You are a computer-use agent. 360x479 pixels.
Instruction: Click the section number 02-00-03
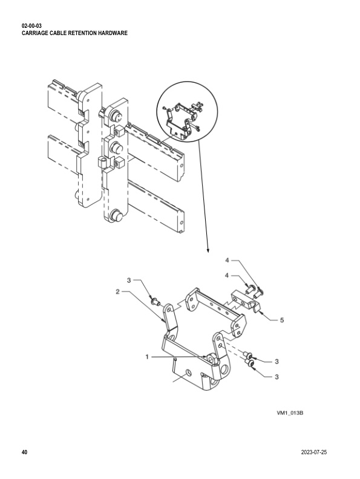(x=31, y=26)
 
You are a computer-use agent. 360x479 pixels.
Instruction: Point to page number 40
(x=24, y=452)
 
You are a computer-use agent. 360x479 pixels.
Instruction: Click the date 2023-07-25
(x=313, y=452)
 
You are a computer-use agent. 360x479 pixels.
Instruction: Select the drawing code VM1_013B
(x=290, y=413)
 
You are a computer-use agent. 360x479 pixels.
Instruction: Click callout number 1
(x=147, y=356)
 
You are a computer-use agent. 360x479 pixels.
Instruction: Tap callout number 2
(x=117, y=292)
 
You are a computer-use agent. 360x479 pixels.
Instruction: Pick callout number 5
(x=282, y=320)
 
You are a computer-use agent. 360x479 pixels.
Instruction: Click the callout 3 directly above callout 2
(x=129, y=280)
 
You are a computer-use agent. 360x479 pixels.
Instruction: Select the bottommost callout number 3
(x=277, y=377)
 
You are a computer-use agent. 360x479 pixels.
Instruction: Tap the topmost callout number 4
(x=227, y=260)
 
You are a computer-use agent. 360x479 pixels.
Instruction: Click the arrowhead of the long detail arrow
(x=208, y=250)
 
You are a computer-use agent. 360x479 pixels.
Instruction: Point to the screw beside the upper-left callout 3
(x=156, y=302)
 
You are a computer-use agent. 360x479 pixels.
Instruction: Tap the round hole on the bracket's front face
(x=189, y=373)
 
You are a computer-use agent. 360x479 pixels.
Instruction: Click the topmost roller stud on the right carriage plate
(x=116, y=116)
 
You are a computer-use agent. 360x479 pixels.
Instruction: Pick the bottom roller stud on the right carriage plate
(x=116, y=215)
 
